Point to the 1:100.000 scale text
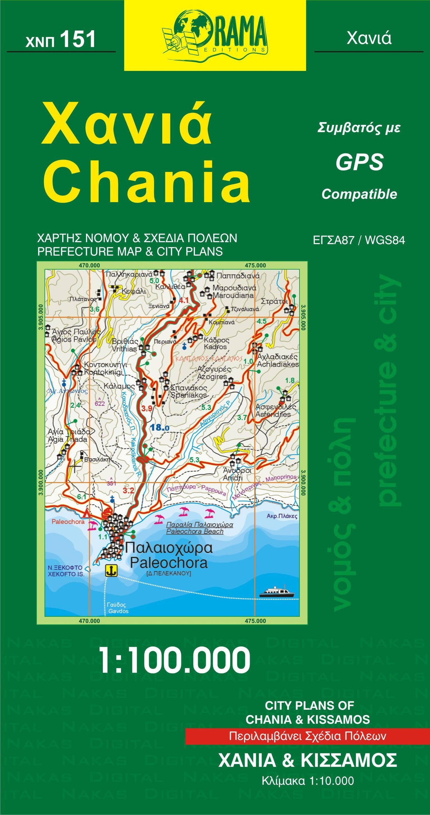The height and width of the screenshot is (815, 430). tap(175, 660)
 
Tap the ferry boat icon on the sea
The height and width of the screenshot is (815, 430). tap(276, 591)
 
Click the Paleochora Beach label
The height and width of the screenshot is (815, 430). tap(195, 531)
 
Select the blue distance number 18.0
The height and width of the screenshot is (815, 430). tap(160, 428)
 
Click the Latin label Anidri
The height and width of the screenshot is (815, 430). tap(233, 478)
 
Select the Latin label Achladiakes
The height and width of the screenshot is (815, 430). tap(278, 364)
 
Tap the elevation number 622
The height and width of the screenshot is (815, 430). tap(100, 404)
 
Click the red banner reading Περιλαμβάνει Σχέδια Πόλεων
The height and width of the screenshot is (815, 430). tap(307, 736)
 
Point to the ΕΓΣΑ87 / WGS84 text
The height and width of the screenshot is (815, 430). tap(359, 240)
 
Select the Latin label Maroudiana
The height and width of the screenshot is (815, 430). tap(233, 296)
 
